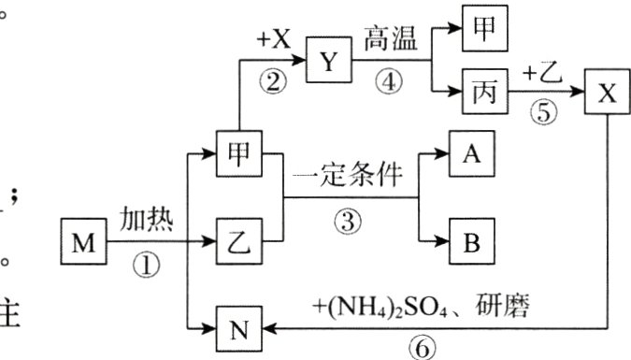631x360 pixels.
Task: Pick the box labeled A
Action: tap(469, 153)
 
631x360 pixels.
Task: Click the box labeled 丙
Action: tap(484, 94)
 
